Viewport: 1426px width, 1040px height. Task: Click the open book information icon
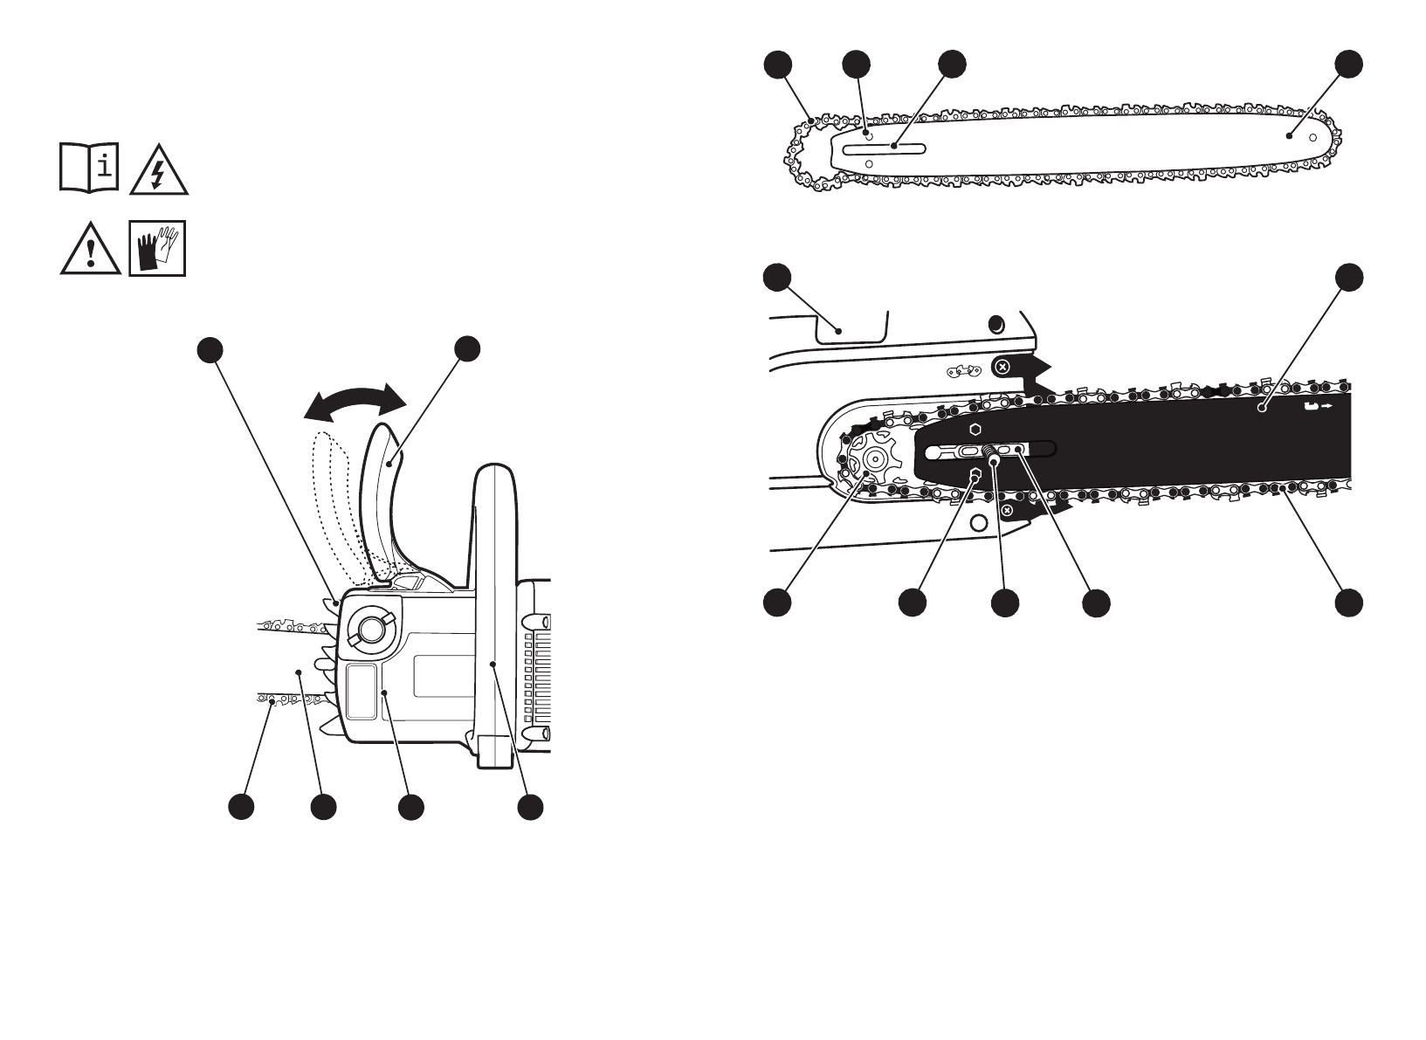[x=89, y=166]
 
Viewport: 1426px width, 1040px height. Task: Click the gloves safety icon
[x=157, y=248]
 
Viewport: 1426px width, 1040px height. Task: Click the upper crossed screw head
[x=1003, y=366]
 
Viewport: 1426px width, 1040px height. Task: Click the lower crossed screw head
[x=1007, y=509]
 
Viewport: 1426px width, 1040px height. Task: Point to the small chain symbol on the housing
[x=965, y=371]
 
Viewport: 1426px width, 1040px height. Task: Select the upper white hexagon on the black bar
[x=975, y=430]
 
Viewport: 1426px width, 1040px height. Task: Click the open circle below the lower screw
[x=979, y=524]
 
